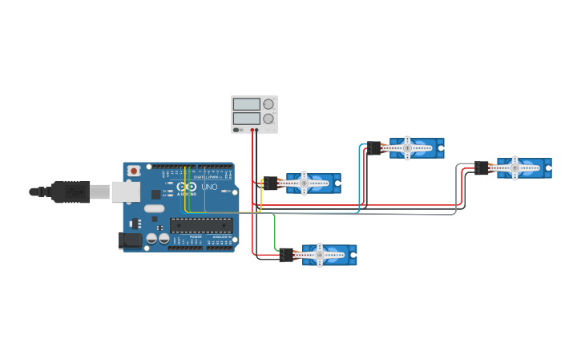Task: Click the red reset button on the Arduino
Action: pyautogui.click(x=133, y=171)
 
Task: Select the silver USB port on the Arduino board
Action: pyautogui.click(x=124, y=192)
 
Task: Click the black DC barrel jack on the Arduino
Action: pyautogui.click(x=129, y=240)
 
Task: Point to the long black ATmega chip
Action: pyautogui.click(x=201, y=225)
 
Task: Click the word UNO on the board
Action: pyautogui.click(x=209, y=187)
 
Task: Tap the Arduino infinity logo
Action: pyautogui.click(x=186, y=187)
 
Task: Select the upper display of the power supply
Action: pyautogui.click(x=246, y=104)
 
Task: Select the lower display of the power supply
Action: pyautogui.click(x=246, y=119)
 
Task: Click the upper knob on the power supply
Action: pyautogui.click(x=268, y=104)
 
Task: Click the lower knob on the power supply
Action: pyautogui.click(x=268, y=119)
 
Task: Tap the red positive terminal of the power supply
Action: pyautogui.click(x=252, y=130)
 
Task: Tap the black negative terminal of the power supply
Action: pyautogui.click(x=256, y=130)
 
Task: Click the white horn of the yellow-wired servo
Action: pyautogui.click(x=305, y=183)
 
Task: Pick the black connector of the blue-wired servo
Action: pyautogui.click(x=374, y=148)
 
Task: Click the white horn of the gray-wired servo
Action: pyautogui.click(x=514, y=167)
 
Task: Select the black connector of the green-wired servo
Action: pyautogui.click(x=287, y=255)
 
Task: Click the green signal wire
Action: pyautogui.click(x=275, y=232)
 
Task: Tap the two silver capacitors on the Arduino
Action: pyautogui.click(x=157, y=238)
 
